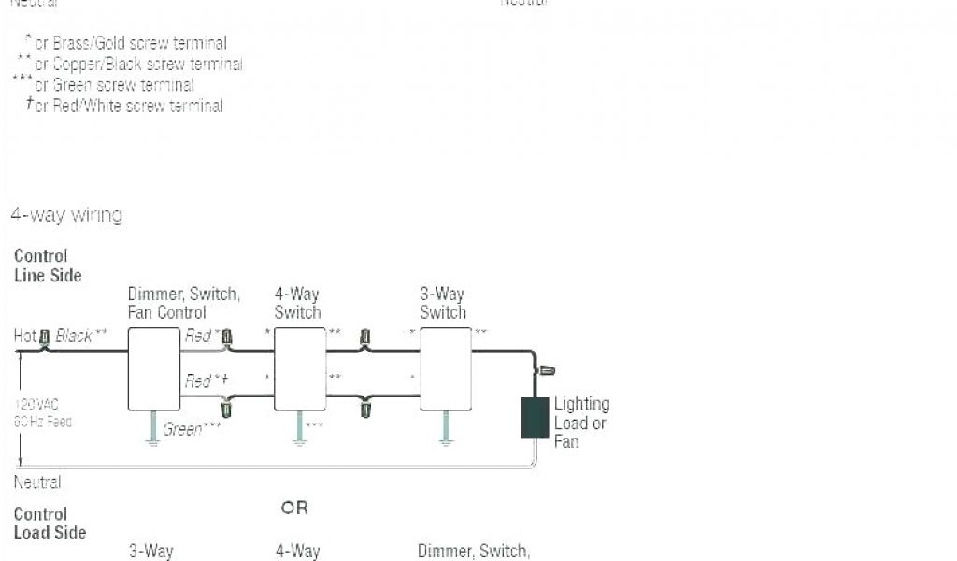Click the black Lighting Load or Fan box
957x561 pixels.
point(535,417)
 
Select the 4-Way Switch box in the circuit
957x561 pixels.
point(300,368)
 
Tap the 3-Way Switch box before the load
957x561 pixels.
point(446,368)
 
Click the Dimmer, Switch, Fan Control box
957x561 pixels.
point(153,368)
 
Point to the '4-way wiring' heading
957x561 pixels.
point(66,215)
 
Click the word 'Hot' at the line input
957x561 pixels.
point(25,336)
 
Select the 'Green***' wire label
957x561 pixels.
point(192,430)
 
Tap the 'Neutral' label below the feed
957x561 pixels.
point(37,482)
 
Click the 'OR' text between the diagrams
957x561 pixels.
point(294,509)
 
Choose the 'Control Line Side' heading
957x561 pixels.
point(48,266)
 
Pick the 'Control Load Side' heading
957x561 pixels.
point(50,524)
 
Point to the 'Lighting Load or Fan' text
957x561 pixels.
point(581,422)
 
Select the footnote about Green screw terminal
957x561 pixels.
point(112,85)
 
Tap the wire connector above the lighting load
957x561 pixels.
point(547,371)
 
